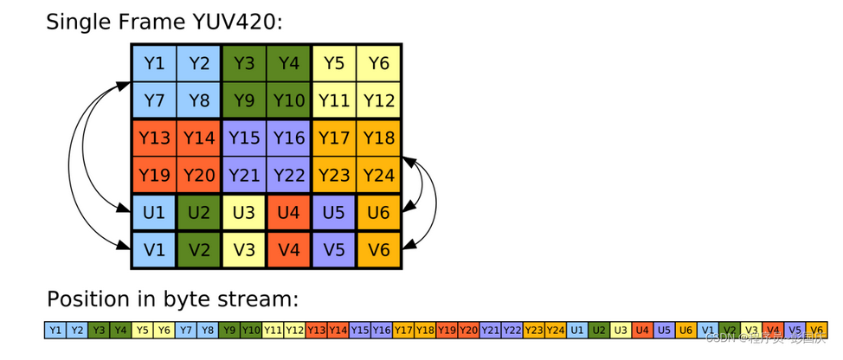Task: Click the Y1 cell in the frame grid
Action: (154, 63)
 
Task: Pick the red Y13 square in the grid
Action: (154, 138)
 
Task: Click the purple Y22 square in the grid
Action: (289, 175)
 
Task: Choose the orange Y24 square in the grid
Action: (379, 175)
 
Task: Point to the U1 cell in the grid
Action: (154, 212)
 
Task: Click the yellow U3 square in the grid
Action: (244, 212)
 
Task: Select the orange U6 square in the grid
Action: (379, 212)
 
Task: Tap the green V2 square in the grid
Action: (199, 249)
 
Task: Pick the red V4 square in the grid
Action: (289, 249)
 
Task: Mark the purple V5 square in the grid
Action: (334, 249)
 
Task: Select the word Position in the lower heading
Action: (87, 299)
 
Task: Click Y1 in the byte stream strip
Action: (55, 330)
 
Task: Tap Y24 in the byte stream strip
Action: (556, 330)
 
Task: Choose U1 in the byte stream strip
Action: (577, 330)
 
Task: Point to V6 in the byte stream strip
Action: (817, 330)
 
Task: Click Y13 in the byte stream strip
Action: (316, 330)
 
